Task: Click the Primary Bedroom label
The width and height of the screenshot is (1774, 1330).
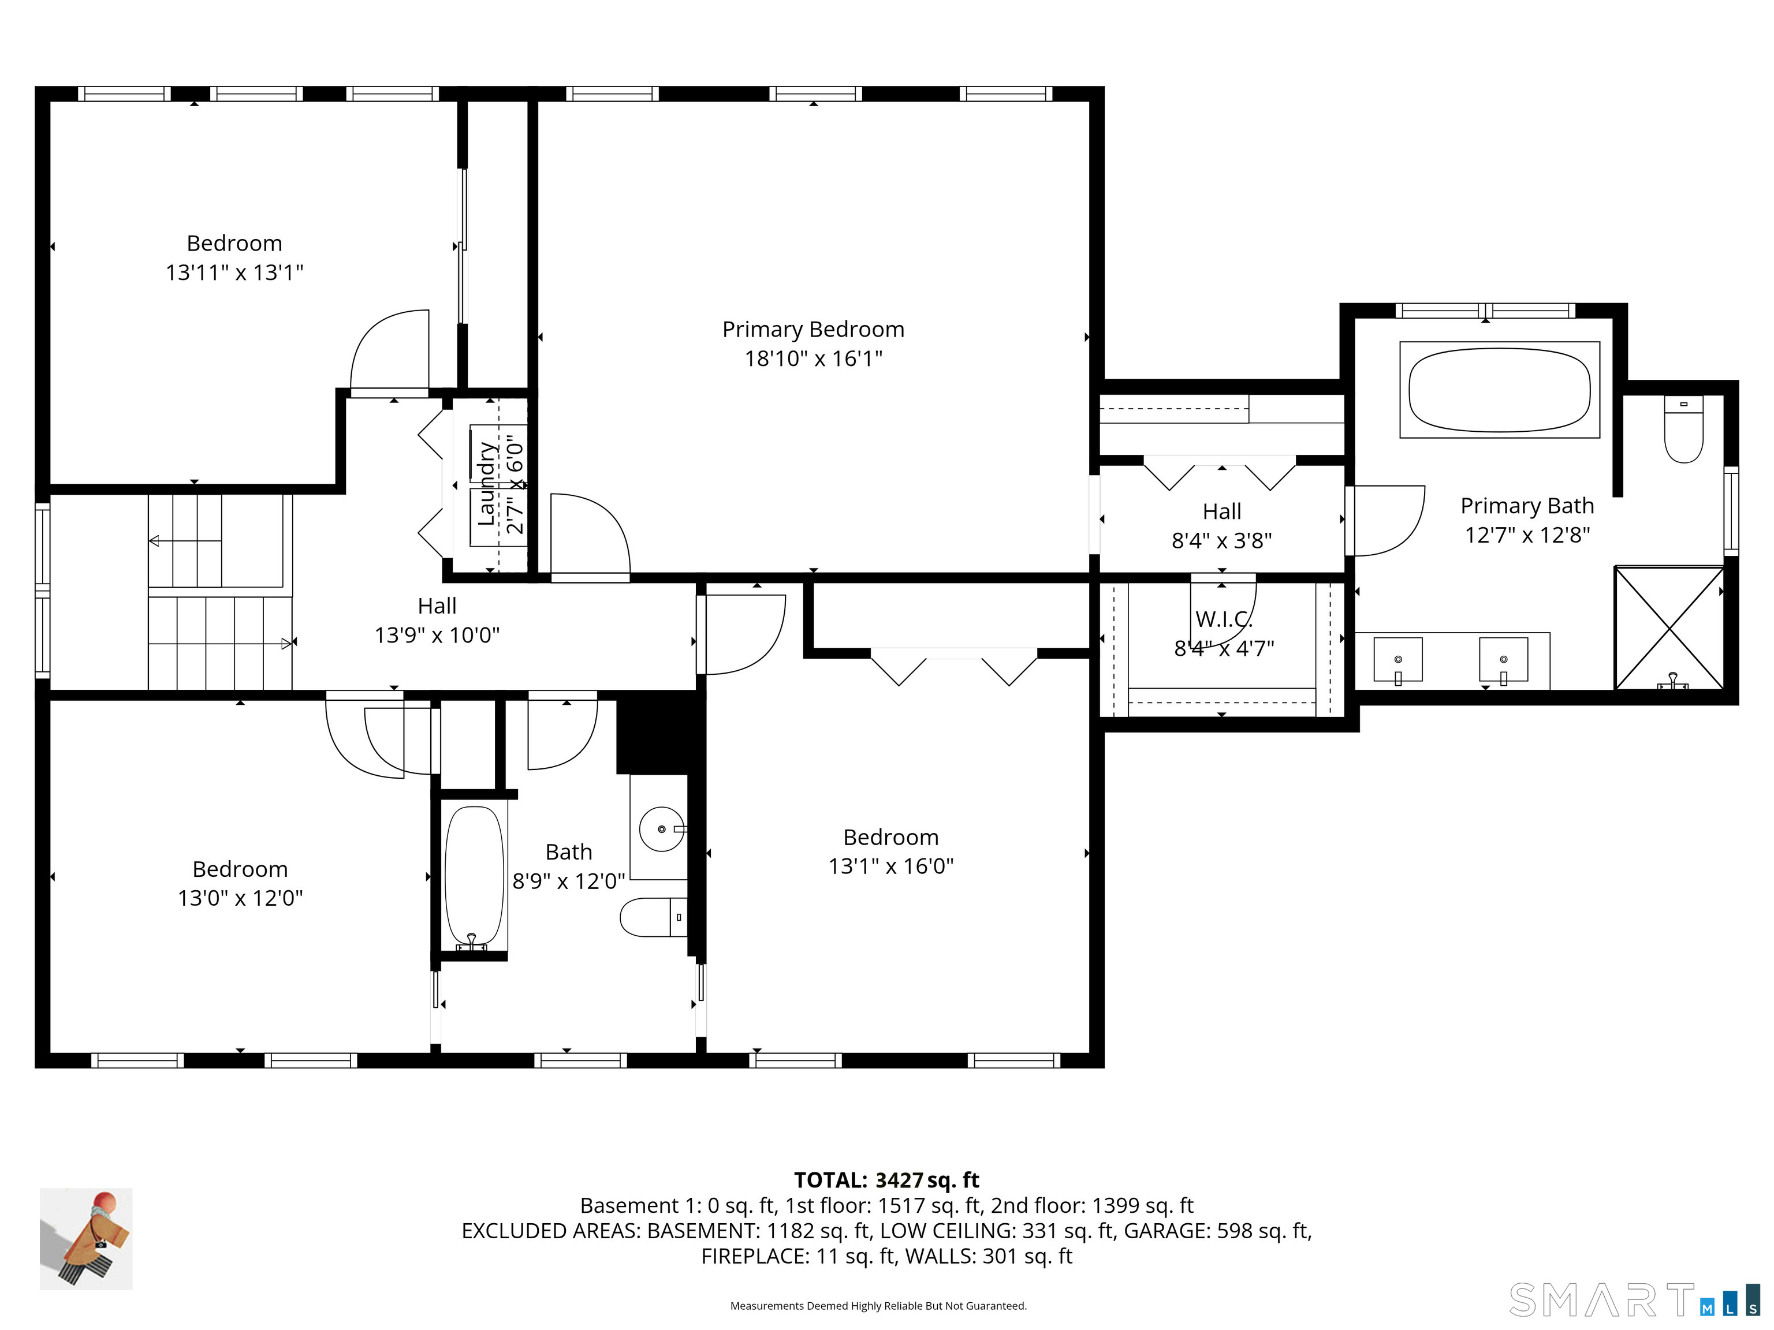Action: click(813, 330)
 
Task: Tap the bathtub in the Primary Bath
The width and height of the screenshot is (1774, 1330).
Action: click(1499, 390)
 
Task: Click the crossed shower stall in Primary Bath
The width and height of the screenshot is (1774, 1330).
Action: click(1669, 627)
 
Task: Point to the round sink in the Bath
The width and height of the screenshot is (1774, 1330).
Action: click(662, 829)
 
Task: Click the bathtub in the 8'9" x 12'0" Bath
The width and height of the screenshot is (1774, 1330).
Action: click(474, 878)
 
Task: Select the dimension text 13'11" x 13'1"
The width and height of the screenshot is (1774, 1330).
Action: click(234, 272)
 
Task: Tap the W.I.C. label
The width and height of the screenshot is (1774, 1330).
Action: click(1223, 619)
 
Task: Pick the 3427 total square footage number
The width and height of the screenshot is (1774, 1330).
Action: click(899, 1180)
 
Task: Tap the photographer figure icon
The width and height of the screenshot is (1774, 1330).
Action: click(87, 1239)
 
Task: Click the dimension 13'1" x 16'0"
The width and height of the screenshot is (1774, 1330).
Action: click(890, 866)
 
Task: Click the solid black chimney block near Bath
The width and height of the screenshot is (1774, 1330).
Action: click(659, 731)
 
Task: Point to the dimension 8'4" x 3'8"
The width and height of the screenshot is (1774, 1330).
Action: click(1221, 540)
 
